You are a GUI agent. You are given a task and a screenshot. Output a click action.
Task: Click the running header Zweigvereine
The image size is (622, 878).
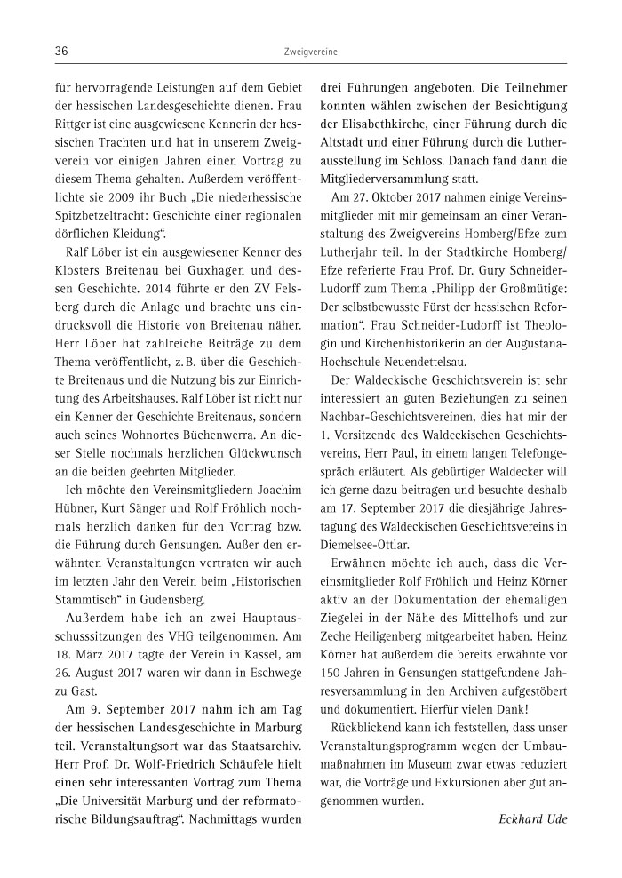pos(310,52)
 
